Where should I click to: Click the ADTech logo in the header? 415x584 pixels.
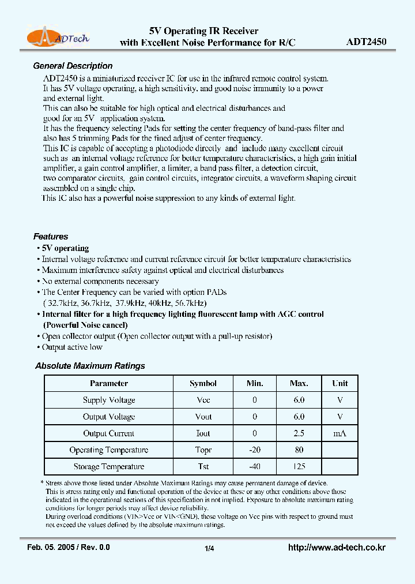pyautogui.click(x=58, y=38)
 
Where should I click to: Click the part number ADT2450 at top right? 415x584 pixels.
pyautogui.click(x=367, y=42)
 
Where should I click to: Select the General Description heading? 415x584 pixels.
pyautogui.click(x=73, y=66)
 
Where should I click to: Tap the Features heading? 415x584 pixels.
pyautogui.click(x=51, y=237)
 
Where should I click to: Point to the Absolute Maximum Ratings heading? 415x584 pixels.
pyautogui.click(x=90, y=366)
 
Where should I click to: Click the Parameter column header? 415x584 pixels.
pyautogui.click(x=109, y=383)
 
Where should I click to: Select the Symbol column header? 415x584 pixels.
pyautogui.click(x=203, y=383)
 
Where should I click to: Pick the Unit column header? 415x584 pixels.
pyautogui.click(x=340, y=383)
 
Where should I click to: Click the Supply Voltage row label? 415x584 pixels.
pyautogui.click(x=109, y=400)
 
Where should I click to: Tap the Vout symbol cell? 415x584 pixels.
pyautogui.click(x=203, y=417)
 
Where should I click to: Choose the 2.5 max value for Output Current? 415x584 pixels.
pyautogui.click(x=299, y=433)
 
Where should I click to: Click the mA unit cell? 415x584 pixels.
pyautogui.click(x=340, y=433)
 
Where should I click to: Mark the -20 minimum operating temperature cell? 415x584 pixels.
pyautogui.click(x=254, y=450)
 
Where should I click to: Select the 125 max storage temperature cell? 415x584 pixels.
pyautogui.click(x=299, y=466)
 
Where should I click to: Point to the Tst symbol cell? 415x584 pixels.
pyautogui.click(x=203, y=466)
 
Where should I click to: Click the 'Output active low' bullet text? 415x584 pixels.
pyautogui.click(x=72, y=347)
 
